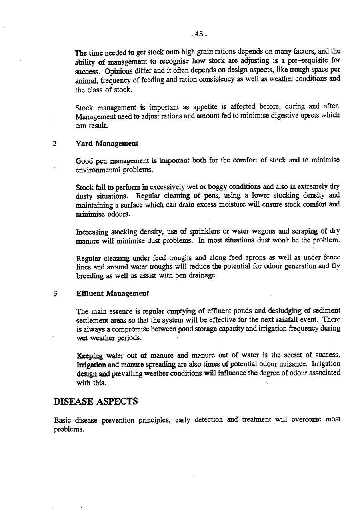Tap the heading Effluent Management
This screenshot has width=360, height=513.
(x=112, y=293)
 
